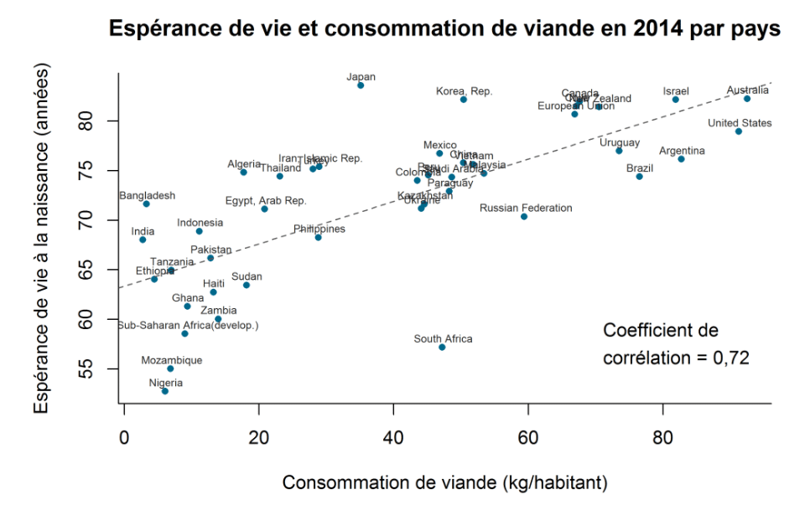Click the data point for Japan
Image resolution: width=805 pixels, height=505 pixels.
coord(361,85)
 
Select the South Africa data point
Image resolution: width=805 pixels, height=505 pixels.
coord(442,348)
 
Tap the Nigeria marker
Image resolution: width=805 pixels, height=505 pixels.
coord(165,391)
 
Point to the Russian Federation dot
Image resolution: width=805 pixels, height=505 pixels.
coord(524,217)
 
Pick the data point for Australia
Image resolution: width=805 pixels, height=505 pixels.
coord(747,99)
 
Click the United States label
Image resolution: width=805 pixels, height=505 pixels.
coord(740,123)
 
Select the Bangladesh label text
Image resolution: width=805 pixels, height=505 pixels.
coord(148,195)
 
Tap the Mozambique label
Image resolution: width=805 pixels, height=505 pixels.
coord(171,360)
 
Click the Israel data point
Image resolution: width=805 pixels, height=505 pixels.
coord(676,100)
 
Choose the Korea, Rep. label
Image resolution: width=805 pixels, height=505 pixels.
coord(465,90)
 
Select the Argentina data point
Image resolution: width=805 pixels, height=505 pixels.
coord(681,159)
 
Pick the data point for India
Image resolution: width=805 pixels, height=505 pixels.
coord(143,240)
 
